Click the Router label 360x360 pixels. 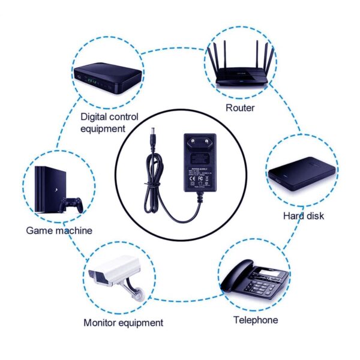point(240,108)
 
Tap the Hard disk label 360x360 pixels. point(303,215)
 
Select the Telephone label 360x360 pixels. point(256,320)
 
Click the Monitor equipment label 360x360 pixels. point(123,322)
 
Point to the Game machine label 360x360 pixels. point(59,230)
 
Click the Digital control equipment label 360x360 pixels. point(109,122)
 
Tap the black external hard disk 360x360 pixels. point(300,173)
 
